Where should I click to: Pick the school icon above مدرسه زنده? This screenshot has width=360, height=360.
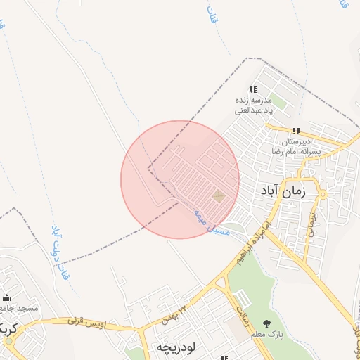254,89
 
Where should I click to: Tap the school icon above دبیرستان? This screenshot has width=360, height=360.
296,131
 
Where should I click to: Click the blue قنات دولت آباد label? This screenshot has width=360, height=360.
61,252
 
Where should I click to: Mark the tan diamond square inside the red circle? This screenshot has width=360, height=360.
218,196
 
